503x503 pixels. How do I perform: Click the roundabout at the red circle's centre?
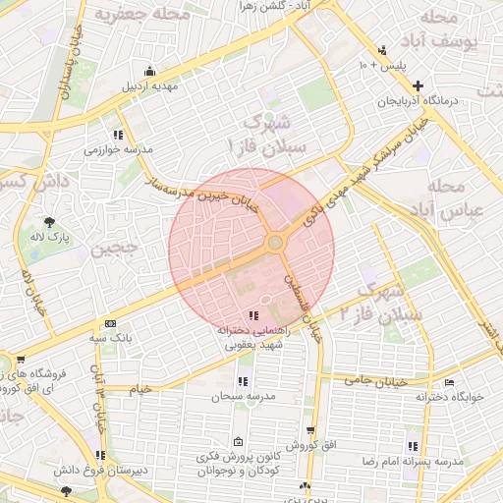tap(275, 242)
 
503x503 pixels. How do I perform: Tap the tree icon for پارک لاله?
tap(50, 220)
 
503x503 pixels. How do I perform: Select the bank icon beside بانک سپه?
tap(110, 323)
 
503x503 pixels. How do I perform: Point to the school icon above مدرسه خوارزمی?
tap(117, 135)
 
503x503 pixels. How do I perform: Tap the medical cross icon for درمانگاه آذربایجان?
tap(419, 86)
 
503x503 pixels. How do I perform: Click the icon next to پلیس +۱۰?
tap(382, 50)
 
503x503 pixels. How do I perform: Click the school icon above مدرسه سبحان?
tap(242, 380)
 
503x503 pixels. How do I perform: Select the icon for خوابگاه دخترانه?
tap(450, 382)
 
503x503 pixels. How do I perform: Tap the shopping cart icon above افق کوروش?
tap(311, 430)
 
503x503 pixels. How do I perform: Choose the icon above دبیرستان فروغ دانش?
tap(100, 455)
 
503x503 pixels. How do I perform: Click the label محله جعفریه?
tap(129, 15)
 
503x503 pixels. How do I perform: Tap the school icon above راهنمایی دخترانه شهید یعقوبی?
tap(254, 315)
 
